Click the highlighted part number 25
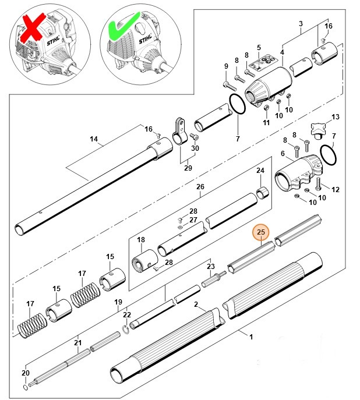point(262,233)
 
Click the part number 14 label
point(94,140)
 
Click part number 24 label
point(260,171)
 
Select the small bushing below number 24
point(264,192)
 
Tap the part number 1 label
point(251,337)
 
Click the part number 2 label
point(196,305)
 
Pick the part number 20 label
point(24,373)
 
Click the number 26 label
point(200,187)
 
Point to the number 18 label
point(140,239)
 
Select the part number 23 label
point(211,265)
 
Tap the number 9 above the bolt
point(226,67)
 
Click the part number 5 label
point(259,47)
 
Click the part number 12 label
point(335,190)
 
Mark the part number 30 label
point(195,148)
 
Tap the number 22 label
point(126,315)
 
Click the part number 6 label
point(283,153)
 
